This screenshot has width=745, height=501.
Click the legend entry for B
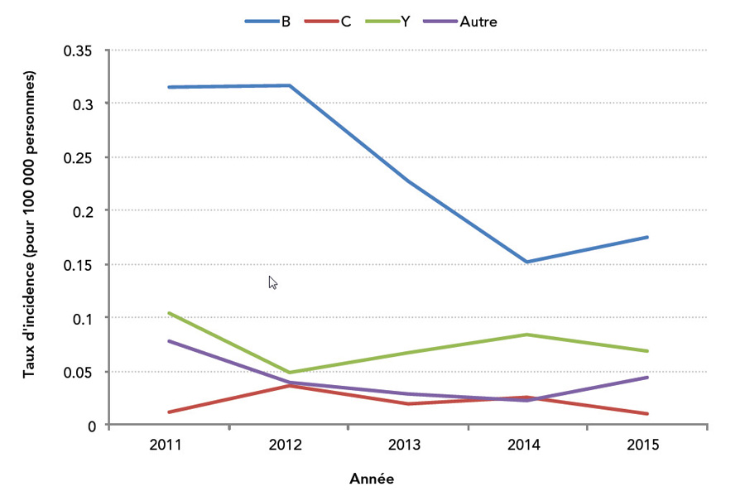(x=267, y=22)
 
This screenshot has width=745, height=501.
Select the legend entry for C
(x=327, y=22)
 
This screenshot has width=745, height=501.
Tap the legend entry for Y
(x=387, y=22)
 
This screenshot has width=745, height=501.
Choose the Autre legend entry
(x=460, y=22)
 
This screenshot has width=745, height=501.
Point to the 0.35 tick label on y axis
(x=78, y=51)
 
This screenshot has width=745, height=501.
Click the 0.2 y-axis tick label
(x=83, y=211)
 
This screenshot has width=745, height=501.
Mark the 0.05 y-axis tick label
(x=78, y=372)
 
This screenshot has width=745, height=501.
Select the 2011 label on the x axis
(x=166, y=445)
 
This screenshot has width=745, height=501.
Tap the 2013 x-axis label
(x=404, y=445)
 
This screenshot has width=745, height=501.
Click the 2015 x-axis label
(x=643, y=445)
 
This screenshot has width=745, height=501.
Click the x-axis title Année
(x=372, y=479)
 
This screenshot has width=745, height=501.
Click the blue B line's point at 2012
(x=290, y=85)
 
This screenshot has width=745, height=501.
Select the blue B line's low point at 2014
(x=527, y=262)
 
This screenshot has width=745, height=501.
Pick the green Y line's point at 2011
(x=169, y=313)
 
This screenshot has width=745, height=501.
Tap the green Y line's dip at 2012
(x=290, y=372)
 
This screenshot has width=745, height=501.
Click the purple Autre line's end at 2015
(x=646, y=378)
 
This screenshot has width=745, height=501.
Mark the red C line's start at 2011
(x=169, y=412)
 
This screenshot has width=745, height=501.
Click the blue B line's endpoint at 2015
(x=646, y=237)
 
